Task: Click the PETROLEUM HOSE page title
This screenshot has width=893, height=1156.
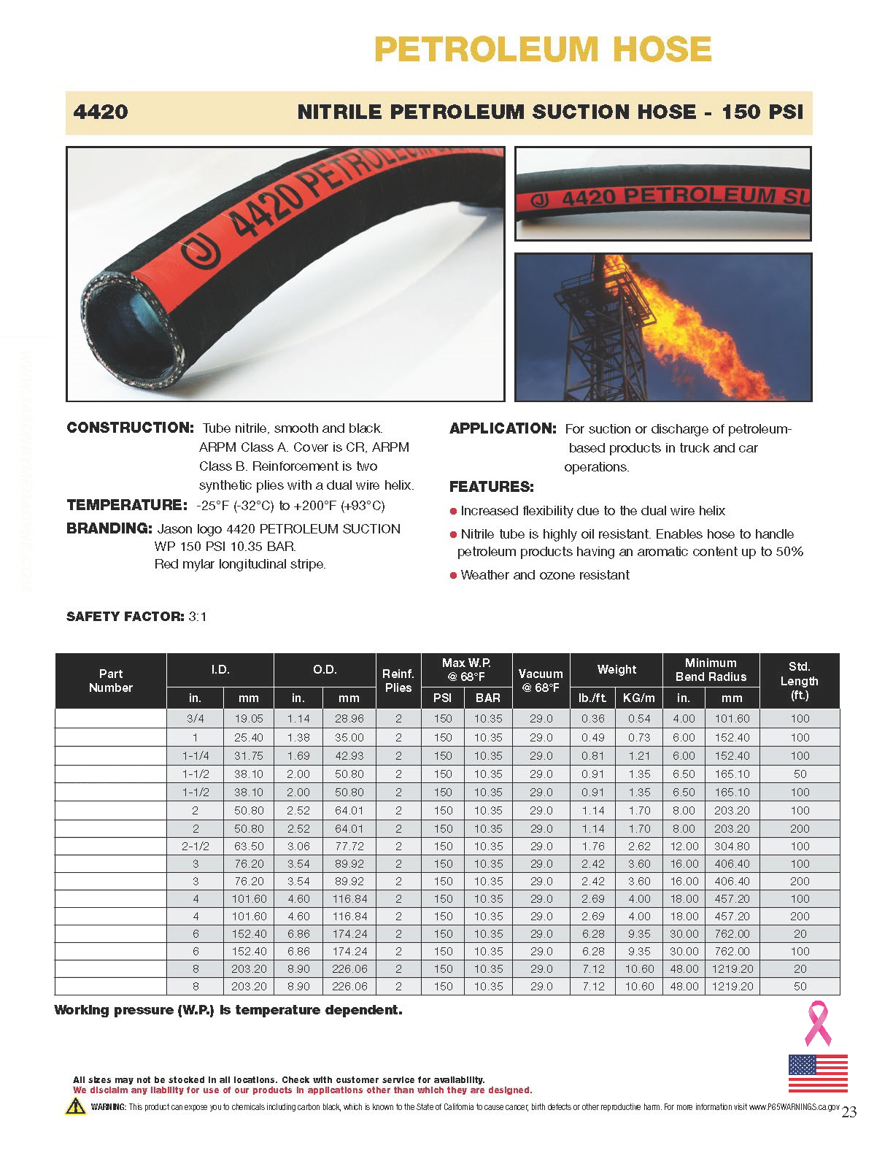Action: [x=542, y=50]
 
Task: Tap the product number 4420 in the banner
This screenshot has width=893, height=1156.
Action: [x=101, y=112]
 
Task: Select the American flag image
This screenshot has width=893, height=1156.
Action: [x=818, y=1073]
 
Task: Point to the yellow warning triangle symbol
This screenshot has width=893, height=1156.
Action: [x=76, y=1106]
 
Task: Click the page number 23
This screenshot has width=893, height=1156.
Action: [x=849, y=1112]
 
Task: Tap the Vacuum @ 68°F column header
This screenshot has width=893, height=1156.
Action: [x=541, y=681]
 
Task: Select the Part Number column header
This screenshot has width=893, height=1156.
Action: [x=111, y=681]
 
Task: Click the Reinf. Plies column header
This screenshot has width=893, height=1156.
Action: [x=398, y=681]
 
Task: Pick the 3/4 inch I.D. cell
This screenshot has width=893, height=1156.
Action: [x=195, y=719]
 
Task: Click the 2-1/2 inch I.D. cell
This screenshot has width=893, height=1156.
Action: [x=195, y=847]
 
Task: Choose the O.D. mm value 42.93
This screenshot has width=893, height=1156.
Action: [x=349, y=756]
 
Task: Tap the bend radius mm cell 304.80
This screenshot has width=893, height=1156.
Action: [x=732, y=847]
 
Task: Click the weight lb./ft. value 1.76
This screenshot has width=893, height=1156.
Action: [x=593, y=847]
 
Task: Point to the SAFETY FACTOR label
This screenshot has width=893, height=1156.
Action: [x=125, y=617]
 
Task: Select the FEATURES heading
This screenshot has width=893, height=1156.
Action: [x=492, y=487]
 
